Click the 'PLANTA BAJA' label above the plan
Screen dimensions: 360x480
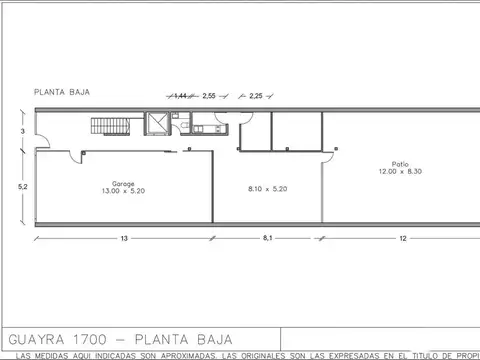coord(63,91)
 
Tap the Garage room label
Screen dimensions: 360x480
coord(123,183)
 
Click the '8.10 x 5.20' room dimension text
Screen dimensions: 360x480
coord(267,188)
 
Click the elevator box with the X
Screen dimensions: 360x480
coord(156,124)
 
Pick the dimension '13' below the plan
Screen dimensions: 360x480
coord(123,239)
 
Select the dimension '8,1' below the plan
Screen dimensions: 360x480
coord(267,239)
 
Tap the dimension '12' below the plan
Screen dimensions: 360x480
coord(401,239)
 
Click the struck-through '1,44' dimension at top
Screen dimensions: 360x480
coord(182,96)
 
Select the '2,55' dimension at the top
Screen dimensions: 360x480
coord(209,96)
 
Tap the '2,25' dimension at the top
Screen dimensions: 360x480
coord(256,96)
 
